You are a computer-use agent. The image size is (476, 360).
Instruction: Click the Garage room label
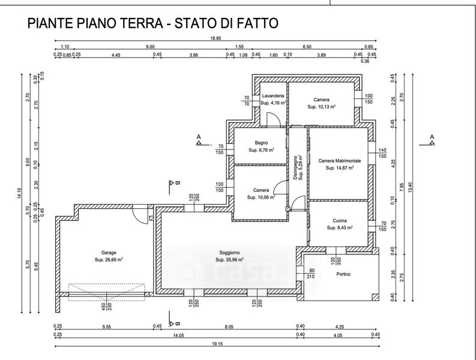coord(109,253)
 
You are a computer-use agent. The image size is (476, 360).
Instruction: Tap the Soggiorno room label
coord(229,253)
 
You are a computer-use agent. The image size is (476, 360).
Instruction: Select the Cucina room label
coord(340,221)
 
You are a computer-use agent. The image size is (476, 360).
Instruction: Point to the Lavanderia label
coord(272,96)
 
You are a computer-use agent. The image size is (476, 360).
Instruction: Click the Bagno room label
coord(261,143)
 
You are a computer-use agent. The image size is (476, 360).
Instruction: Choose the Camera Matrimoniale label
coord(339,161)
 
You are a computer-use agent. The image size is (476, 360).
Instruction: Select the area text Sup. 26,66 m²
coord(109,260)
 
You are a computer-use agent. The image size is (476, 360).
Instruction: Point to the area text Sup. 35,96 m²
coord(229,260)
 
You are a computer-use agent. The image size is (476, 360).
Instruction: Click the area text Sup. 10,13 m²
coord(321,107)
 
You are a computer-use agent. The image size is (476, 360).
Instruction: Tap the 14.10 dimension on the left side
coord(20,193)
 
